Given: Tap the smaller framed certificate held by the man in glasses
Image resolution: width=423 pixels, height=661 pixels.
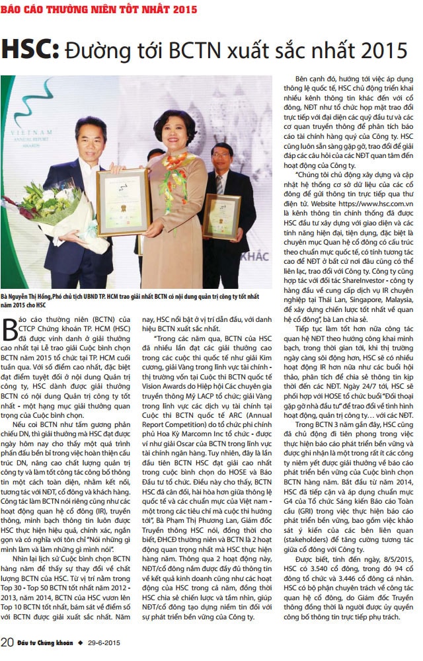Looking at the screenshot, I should tap(221, 215).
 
